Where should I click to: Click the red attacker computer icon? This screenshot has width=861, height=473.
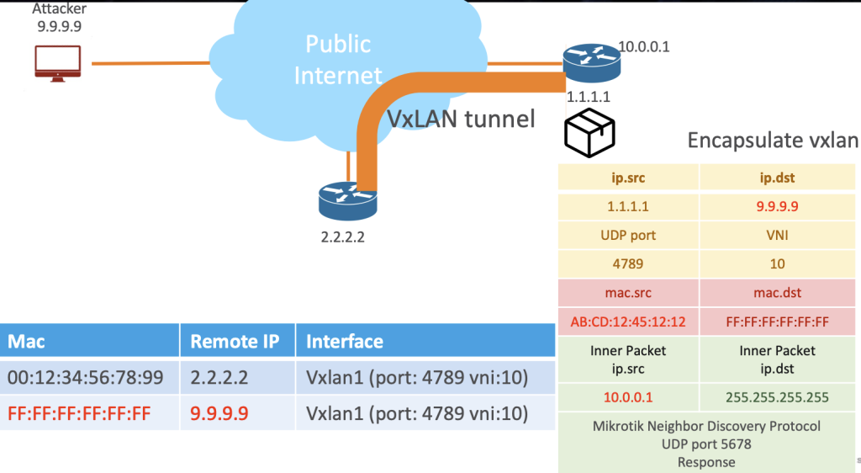pos(57,63)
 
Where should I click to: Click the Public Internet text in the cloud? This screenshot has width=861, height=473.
pos(338,59)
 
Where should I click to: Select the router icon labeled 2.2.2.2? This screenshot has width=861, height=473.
pos(348,199)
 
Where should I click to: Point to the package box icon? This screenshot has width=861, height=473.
pos(589,131)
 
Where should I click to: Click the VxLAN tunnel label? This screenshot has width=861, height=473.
pos(461,119)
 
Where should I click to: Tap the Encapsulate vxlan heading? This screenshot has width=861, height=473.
pos(772,140)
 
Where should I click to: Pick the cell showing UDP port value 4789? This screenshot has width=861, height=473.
pos(629,263)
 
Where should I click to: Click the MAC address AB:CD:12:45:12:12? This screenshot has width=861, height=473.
pos(629,321)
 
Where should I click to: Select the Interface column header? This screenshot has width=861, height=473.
pos(345,341)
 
